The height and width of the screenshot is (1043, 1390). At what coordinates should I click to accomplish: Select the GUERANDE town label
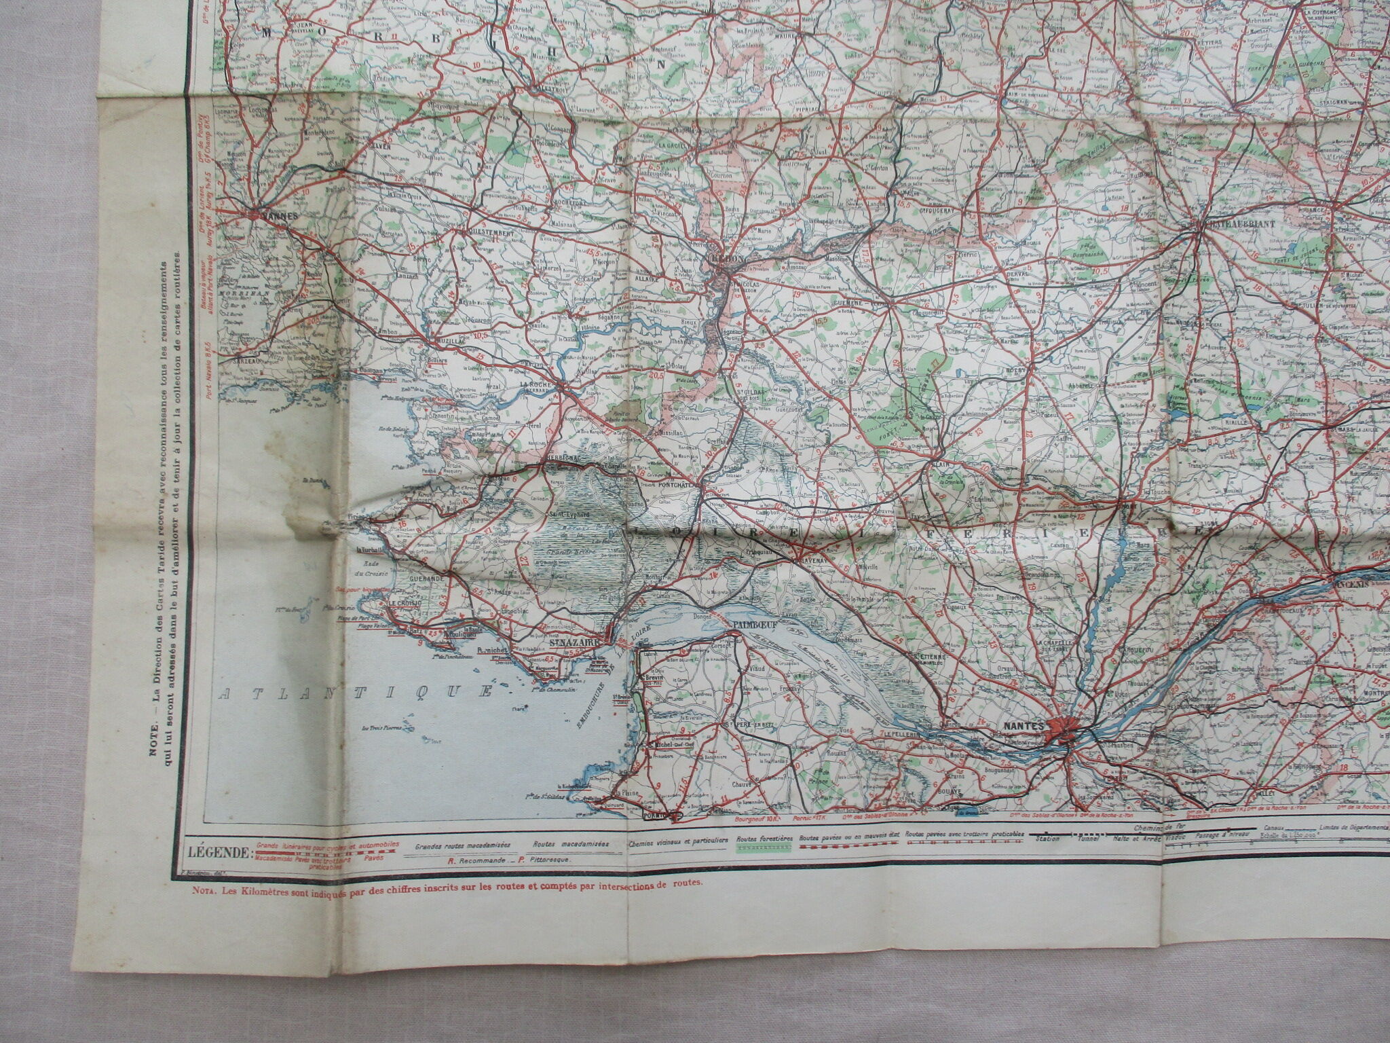pos(424,577)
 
